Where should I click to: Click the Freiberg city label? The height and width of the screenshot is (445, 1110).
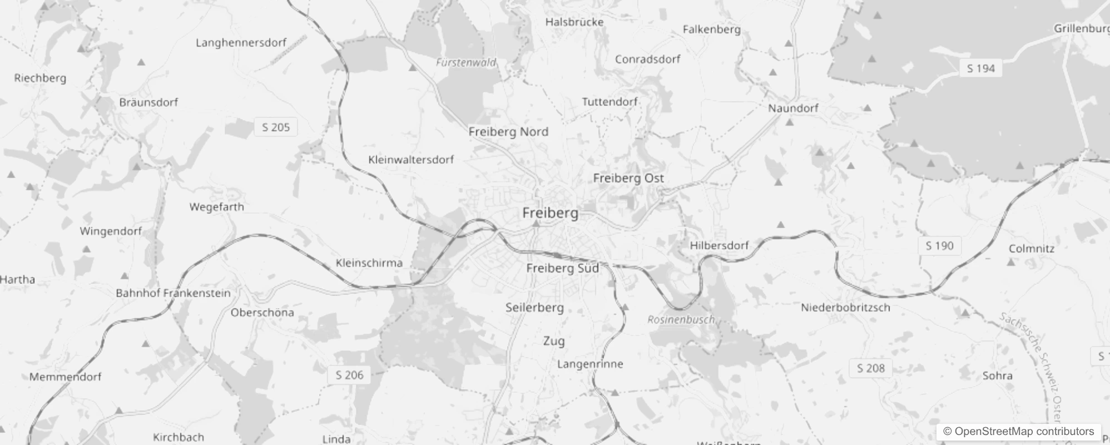pos(550,213)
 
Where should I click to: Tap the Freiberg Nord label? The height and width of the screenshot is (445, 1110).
pos(508,132)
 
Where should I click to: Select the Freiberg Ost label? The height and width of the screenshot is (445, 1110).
pos(628,178)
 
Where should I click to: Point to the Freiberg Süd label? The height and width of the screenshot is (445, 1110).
pos(562,268)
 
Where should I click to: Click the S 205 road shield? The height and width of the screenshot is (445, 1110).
pos(276,127)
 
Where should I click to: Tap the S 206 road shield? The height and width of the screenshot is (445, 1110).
pos(349,375)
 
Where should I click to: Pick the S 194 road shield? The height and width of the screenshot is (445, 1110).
pos(980,68)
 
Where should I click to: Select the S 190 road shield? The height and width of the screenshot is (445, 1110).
pos(939,246)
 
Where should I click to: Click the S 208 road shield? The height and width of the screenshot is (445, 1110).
pos(870,368)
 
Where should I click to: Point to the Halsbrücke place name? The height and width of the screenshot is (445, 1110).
pos(574,22)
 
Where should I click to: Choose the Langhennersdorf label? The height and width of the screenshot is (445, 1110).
pos(241,43)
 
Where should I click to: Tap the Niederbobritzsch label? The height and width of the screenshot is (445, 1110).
pos(845,308)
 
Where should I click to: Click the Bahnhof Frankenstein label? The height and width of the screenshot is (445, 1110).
pos(173,293)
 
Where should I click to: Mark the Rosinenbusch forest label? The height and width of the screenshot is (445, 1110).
pos(681,320)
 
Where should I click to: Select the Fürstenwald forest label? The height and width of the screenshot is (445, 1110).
pos(465,62)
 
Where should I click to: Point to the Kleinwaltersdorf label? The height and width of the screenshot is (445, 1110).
pos(411,160)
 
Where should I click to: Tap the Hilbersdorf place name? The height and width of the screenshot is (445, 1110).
pos(719,245)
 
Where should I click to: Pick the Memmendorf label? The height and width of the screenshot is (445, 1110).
pos(65,377)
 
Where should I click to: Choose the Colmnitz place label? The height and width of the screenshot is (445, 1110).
pos(1031,249)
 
